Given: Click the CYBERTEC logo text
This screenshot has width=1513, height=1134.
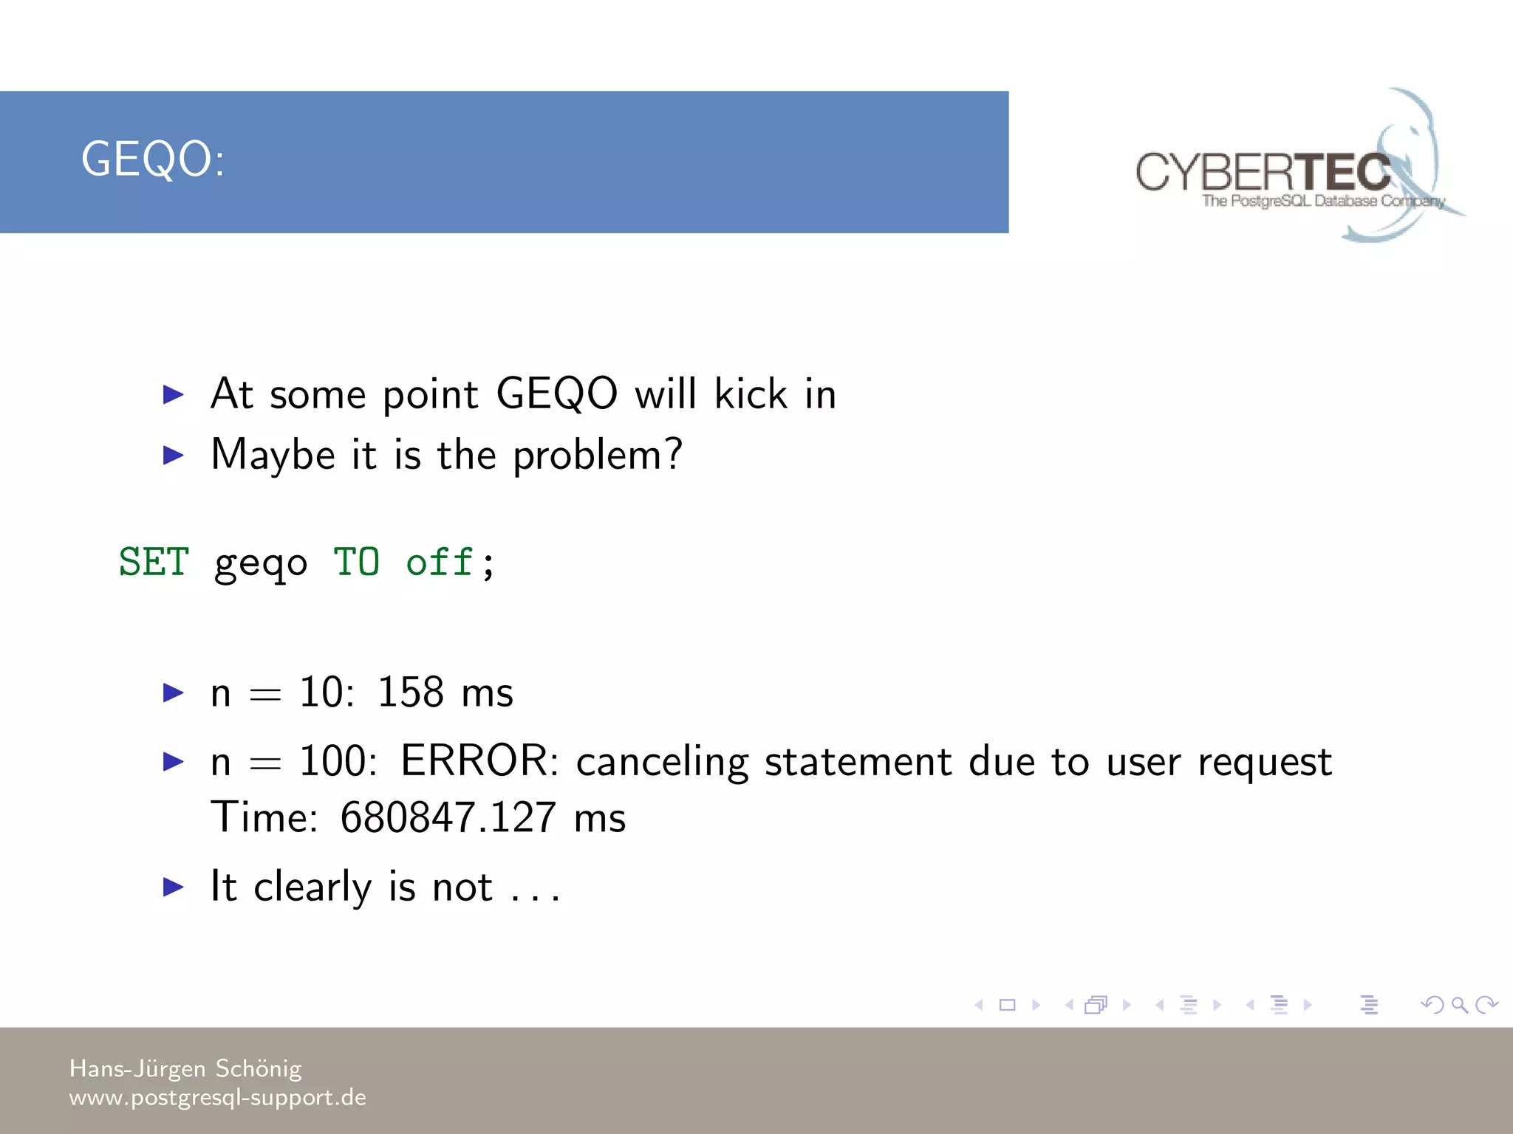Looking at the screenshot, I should tap(1263, 172).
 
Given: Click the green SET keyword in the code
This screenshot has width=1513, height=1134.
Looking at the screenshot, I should tap(154, 563).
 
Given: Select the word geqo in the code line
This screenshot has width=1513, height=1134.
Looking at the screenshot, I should tap(260, 565).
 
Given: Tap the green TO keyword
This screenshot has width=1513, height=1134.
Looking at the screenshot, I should tap(356, 563).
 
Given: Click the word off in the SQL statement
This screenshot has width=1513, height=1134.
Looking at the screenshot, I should tap(440, 563).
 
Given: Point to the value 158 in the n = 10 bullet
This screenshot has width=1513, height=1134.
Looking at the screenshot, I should tap(410, 693).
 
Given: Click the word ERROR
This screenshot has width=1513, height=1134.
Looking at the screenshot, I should tap(479, 760).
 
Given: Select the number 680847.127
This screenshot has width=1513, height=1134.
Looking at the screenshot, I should tap(448, 818).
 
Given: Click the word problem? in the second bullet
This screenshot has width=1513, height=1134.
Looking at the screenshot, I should tap(597, 455).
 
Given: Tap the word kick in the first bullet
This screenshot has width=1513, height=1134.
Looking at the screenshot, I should tap(751, 394).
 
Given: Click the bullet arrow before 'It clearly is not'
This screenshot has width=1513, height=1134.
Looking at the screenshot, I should tap(173, 887).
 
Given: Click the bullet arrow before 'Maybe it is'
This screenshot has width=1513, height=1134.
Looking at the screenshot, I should tap(173, 455).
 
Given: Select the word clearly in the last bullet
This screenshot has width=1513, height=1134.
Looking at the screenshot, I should tap(312, 887).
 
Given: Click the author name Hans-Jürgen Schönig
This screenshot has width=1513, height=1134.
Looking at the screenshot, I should tap(185, 1068).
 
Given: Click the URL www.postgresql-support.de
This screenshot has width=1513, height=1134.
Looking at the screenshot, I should tap(217, 1097).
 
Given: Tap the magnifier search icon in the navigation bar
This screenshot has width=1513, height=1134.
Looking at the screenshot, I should tap(1459, 1005).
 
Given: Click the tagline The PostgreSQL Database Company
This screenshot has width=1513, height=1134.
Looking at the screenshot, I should tap(1322, 201).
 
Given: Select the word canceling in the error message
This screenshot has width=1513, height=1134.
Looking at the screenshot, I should tap(662, 762).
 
